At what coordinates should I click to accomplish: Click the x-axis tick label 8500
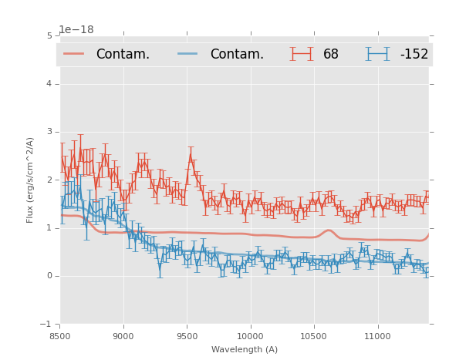[x=60, y=336]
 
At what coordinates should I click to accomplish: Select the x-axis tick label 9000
[x=123, y=336]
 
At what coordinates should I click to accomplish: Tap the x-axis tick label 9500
[x=187, y=336]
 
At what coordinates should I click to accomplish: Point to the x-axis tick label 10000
[x=250, y=336]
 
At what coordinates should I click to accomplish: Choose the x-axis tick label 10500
[x=313, y=336]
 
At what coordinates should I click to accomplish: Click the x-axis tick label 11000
[x=377, y=336]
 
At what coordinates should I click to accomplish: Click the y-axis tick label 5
[x=49, y=35]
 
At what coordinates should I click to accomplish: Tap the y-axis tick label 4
[x=49, y=83]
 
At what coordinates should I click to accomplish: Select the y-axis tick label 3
[x=49, y=132]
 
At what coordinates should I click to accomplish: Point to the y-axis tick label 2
[x=49, y=180]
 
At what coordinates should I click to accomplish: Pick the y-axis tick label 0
[x=49, y=276]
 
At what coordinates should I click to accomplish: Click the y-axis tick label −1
[x=47, y=325]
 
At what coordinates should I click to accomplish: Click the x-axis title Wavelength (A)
[x=245, y=349]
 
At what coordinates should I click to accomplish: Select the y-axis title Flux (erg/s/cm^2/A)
[x=30, y=180]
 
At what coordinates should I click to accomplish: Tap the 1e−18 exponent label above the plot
[x=76, y=30]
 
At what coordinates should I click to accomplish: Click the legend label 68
[x=331, y=55]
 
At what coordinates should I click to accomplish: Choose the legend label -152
[x=414, y=55]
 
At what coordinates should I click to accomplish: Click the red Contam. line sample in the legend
[x=74, y=54]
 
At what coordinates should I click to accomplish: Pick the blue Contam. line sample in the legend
[x=187, y=54]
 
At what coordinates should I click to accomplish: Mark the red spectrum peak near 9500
[x=191, y=155]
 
